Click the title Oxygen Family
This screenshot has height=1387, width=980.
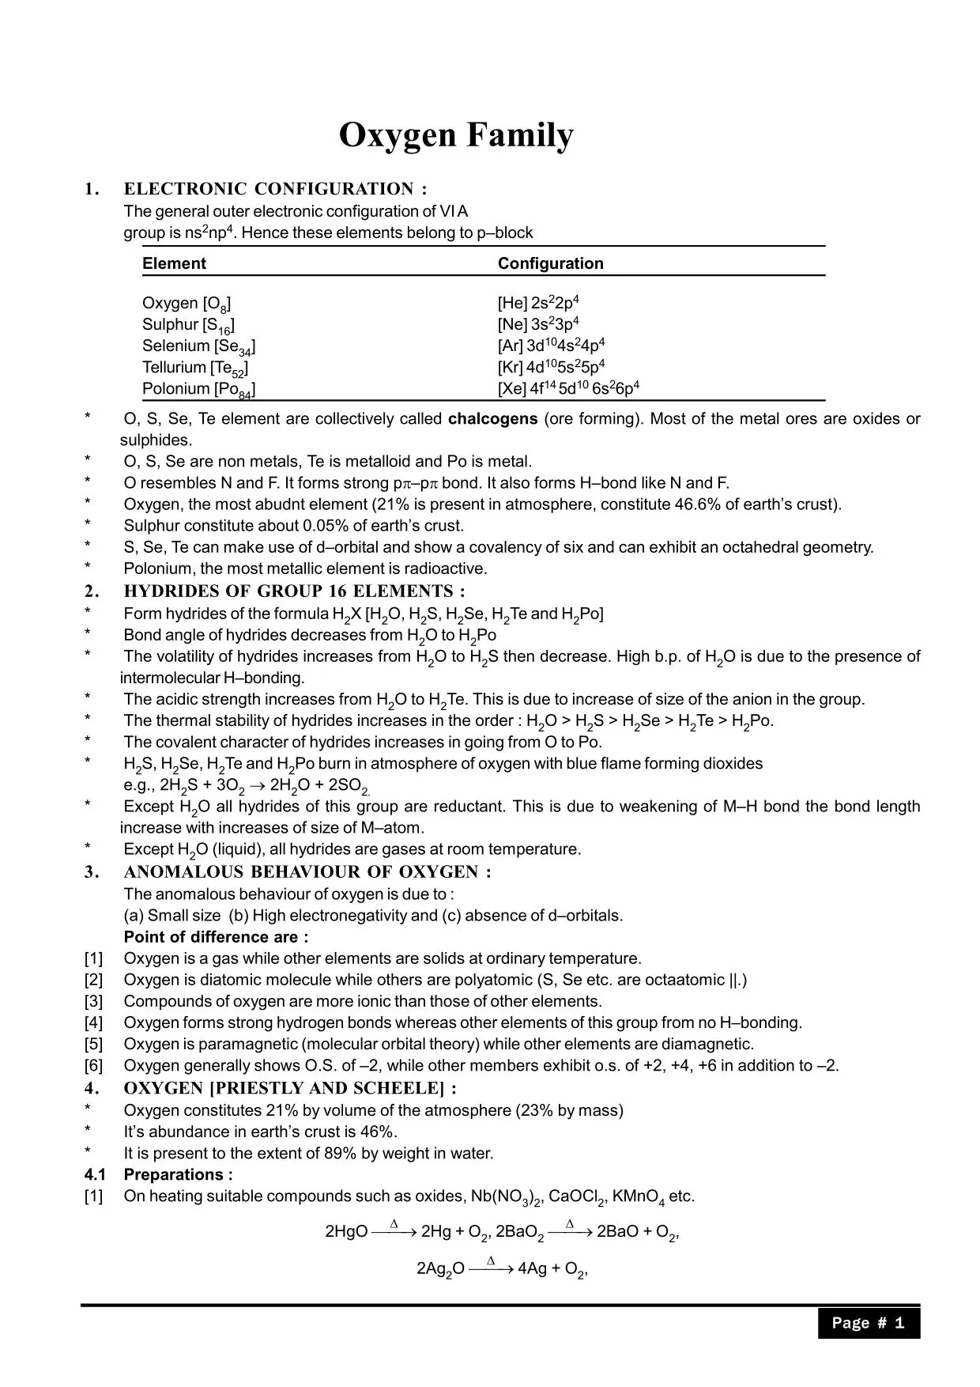coord(456,135)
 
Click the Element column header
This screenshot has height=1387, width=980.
coord(174,263)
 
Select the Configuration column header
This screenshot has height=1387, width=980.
coord(550,263)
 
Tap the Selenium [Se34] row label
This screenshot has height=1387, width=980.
coord(198,346)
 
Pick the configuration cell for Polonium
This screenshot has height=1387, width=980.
coord(568,388)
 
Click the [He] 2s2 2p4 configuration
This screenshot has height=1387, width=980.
coord(539,303)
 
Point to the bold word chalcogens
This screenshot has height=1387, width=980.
coord(492,419)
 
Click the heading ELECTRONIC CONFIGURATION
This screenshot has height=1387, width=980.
coord(275,189)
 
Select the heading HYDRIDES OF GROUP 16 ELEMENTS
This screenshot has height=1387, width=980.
coord(294,591)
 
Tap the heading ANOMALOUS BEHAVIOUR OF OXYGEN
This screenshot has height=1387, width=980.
coord(307,872)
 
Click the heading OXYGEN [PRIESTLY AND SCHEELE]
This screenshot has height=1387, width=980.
coord(290,1088)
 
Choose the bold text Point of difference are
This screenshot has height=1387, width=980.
coord(216,937)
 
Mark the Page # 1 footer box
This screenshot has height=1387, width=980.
coord(868,1323)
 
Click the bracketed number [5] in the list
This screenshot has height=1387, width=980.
coord(93,1044)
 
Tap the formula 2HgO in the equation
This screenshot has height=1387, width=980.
coord(346,1231)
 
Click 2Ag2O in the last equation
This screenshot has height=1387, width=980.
coord(440,1269)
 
